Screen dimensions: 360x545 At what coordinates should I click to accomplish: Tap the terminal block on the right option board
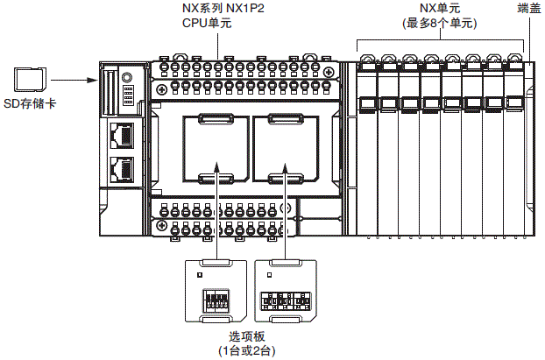pyautogui.click(x=286, y=301)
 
